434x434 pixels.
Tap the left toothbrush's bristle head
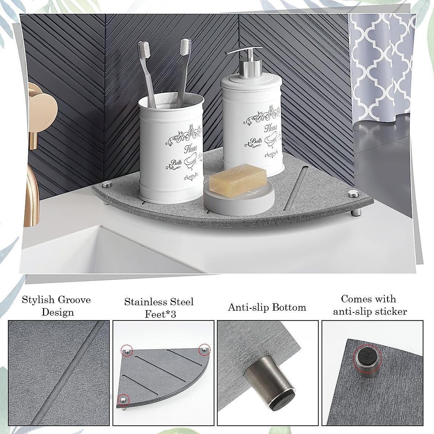[x=143, y=51]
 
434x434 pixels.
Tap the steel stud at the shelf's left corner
[x=106, y=185]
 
